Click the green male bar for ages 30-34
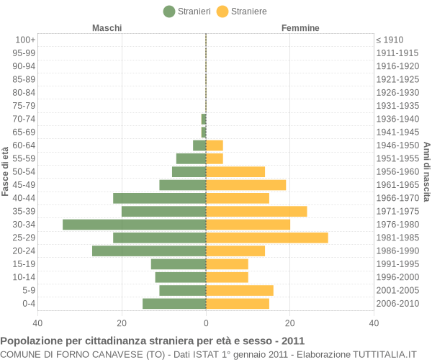134,225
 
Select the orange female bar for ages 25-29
266,238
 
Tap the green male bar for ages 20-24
149,251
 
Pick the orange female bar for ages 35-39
256,211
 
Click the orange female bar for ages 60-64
215,145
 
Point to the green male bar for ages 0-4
174,304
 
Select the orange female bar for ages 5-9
240,290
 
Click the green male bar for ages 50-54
189,171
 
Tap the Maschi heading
107,28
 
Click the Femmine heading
300,28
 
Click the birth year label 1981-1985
397,238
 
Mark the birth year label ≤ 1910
390,40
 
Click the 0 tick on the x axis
206,323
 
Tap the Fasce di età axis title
6,171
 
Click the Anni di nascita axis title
426,171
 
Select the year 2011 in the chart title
292,341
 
